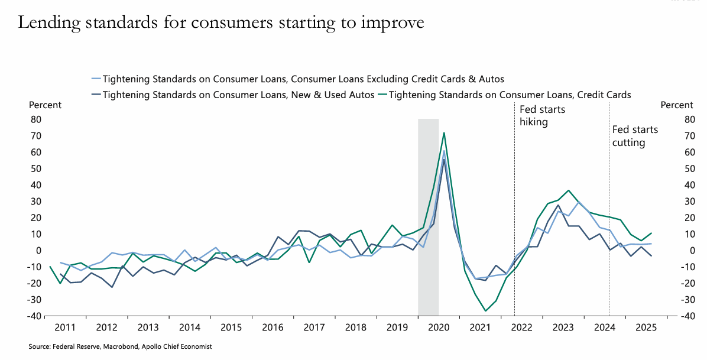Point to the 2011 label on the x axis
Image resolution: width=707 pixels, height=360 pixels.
(65, 327)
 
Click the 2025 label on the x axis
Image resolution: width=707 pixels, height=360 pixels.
(646, 327)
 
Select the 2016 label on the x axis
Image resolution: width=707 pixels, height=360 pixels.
(272, 327)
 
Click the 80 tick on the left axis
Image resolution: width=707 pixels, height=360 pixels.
(36, 119)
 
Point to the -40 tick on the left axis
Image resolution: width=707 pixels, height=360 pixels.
(34, 316)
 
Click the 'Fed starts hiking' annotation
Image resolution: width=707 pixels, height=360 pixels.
(542, 116)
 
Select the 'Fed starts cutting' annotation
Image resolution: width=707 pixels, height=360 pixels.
(635, 136)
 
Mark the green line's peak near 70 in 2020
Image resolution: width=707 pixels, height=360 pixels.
(444, 133)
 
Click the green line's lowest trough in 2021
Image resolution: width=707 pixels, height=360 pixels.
(486, 311)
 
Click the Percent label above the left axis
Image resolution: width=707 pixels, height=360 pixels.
(45, 105)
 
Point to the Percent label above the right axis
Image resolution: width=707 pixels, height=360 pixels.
(676, 105)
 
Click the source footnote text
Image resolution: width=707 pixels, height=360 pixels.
(120, 347)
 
